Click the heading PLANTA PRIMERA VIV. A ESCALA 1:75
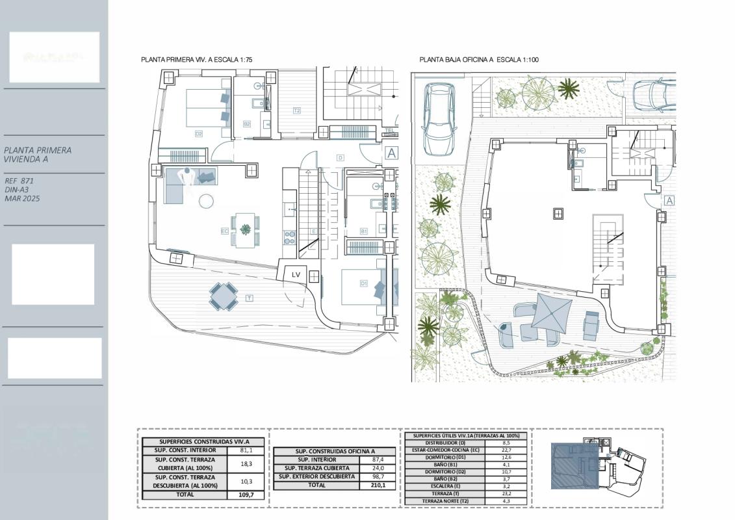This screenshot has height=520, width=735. pyautogui.click(x=196, y=60)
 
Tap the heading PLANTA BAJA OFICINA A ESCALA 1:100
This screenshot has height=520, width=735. pyautogui.click(x=479, y=60)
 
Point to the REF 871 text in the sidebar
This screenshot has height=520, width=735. pyautogui.click(x=19, y=181)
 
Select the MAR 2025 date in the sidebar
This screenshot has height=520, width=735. pyautogui.click(x=22, y=198)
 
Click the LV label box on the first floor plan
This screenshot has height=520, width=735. pyautogui.click(x=296, y=275)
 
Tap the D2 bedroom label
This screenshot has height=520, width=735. pyautogui.click(x=199, y=134)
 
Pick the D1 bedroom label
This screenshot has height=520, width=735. pyautogui.click(x=363, y=283)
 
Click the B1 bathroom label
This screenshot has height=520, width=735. pyautogui.click(x=364, y=231)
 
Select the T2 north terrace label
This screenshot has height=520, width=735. pyautogui.click(x=296, y=110)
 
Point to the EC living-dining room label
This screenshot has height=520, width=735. pyautogui.click(x=225, y=231)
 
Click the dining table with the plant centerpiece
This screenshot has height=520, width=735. pyautogui.click(x=246, y=229)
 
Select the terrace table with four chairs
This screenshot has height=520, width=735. pyautogui.click(x=223, y=296)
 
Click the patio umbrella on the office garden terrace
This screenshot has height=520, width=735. pyautogui.click(x=552, y=310)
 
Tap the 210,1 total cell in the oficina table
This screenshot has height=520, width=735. pyautogui.click(x=377, y=485)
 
